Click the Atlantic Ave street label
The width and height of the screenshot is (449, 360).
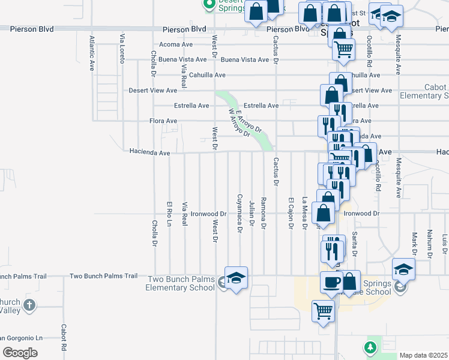click(x=92, y=53)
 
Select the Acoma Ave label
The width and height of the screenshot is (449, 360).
click(x=175, y=44)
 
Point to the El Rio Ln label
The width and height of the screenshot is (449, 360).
click(x=170, y=214)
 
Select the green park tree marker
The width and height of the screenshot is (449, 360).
click(x=370, y=347)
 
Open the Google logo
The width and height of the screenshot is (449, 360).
click(x=20, y=352)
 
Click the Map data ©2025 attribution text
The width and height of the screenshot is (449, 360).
click(x=423, y=355)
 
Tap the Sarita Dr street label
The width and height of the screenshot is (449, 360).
click(x=355, y=244)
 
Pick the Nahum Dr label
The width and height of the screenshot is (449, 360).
click(x=430, y=243)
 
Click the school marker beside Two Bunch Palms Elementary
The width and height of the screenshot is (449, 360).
click(x=236, y=277)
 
